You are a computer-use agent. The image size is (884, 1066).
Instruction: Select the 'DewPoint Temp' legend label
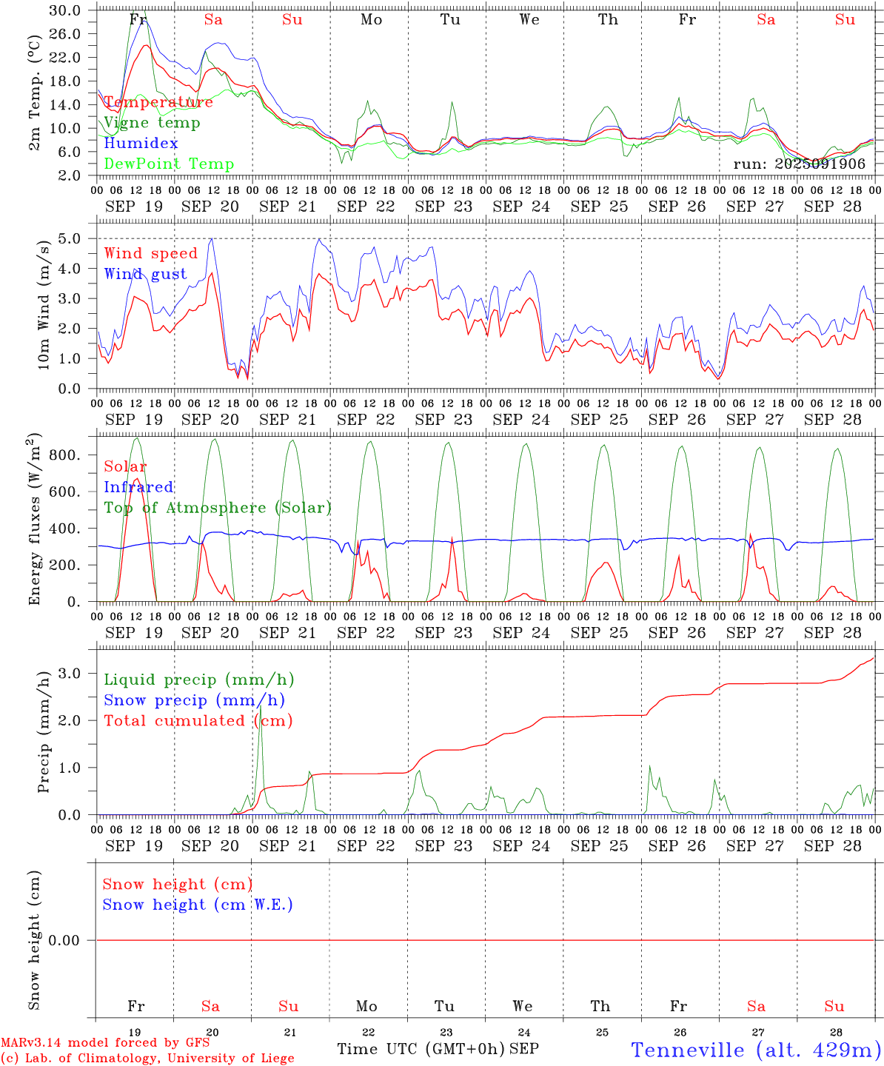[x=169, y=164]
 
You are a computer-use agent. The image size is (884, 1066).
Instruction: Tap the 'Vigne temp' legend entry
[x=152, y=123]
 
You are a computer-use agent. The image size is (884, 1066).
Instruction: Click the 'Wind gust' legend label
[x=145, y=274]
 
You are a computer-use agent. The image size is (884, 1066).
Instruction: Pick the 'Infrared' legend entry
[x=138, y=487]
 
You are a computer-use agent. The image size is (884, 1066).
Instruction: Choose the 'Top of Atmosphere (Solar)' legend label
[x=218, y=508]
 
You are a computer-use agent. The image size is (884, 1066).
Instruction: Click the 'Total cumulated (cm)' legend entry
[x=198, y=720]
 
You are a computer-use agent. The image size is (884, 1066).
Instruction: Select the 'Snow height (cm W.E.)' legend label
[x=198, y=905]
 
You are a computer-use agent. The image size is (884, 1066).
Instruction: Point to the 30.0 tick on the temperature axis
[x=66, y=10]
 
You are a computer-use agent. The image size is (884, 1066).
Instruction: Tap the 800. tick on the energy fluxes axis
[x=64, y=455]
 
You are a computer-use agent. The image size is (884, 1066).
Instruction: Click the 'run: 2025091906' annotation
[x=799, y=164]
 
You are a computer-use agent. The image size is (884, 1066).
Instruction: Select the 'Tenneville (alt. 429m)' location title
[x=756, y=1050]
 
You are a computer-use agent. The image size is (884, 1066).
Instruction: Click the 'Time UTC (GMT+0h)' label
[x=421, y=1049]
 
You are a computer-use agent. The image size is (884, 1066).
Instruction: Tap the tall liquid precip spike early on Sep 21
[x=260, y=708]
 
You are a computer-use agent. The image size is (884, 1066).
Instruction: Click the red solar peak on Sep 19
[x=136, y=480]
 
